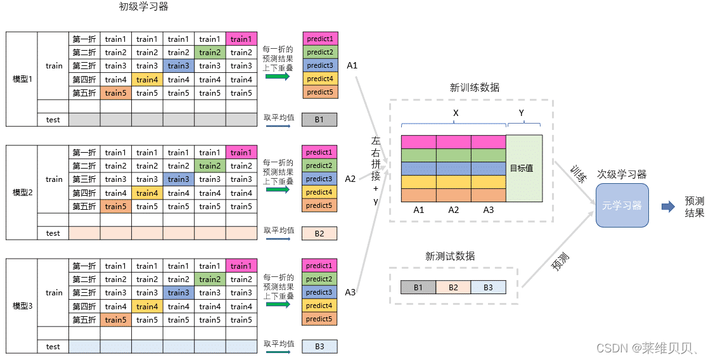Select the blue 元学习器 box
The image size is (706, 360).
622,205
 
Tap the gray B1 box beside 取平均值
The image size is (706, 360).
319,120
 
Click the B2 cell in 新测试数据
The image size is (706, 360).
453,287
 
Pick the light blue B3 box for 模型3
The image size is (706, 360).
319,347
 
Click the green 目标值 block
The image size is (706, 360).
523,169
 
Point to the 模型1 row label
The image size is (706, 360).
22,79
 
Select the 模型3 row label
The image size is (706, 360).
22,306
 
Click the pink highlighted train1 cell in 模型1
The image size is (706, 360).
241,39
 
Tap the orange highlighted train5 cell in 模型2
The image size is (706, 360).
116,206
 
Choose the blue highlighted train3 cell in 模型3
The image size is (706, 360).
179,293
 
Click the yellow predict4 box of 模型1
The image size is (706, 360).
319,79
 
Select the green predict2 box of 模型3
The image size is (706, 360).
319,279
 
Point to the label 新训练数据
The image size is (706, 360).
474,87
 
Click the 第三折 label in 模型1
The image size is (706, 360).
84,66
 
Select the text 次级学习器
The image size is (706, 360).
622,174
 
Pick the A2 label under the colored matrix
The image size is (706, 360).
453,210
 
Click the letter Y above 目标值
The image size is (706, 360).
522,112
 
